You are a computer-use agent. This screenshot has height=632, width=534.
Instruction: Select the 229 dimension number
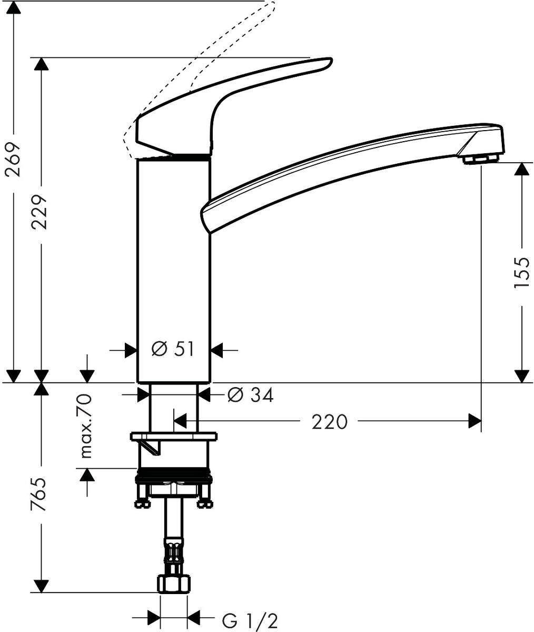pos(40,211)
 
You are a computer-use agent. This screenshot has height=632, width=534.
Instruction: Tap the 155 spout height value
pos(521,272)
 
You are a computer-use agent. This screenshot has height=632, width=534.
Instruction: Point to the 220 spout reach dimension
pos(330,422)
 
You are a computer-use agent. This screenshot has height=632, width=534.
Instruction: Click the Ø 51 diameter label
pos(173,349)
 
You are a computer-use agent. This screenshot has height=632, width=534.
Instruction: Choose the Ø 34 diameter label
pos(250,395)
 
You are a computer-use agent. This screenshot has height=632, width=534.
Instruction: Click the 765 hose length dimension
pos(40,495)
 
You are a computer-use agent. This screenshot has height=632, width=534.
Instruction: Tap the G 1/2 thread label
pos(250,621)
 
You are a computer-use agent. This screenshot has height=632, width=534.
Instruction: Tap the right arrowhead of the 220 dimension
pos(475,421)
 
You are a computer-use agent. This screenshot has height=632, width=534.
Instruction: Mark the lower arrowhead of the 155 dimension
pos(521,376)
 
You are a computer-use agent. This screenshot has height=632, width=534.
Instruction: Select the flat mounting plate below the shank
pos(173,437)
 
